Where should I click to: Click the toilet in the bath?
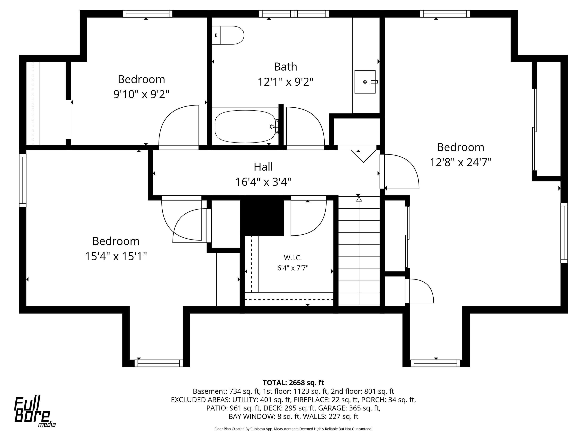pyautogui.click(x=228, y=35)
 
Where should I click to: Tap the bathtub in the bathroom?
pyautogui.click(x=245, y=127)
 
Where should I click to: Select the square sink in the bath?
pyautogui.click(x=365, y=82)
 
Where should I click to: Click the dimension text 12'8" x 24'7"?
pyautogui.click(x=461, y=162)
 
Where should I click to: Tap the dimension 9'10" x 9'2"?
pyautogui.click(x=141, y=94)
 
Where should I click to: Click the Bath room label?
pyautogui.click(x=285, y=66)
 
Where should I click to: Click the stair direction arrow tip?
pyautogui.click(x=359, y=197)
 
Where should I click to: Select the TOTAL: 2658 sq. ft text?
pyautogui.click(x=293, y=383)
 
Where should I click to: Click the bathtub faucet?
pyautogui.click(x=275, y=127)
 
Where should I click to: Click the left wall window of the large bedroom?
pyautogui.click(x=23, y=180)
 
